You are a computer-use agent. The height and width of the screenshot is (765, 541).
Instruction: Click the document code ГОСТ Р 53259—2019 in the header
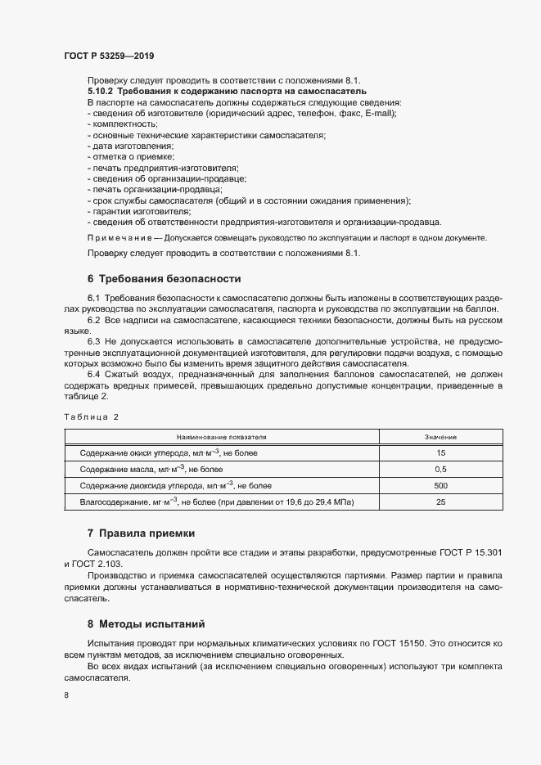(109, 56)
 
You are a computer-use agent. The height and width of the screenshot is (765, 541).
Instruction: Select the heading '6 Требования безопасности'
(165, 278)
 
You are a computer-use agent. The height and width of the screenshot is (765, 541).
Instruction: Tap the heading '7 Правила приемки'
(141, 533)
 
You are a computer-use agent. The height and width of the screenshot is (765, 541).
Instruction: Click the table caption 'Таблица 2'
(92, 416)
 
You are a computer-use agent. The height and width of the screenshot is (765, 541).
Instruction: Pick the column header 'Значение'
(440, 438)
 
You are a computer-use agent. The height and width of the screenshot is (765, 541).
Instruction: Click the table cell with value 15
(440, 452)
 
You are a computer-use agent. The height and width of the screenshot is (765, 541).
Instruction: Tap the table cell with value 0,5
(440, 470)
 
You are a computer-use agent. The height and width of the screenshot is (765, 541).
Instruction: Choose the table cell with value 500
(440, 486)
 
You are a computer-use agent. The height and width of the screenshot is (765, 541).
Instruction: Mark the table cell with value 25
(440, 502)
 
